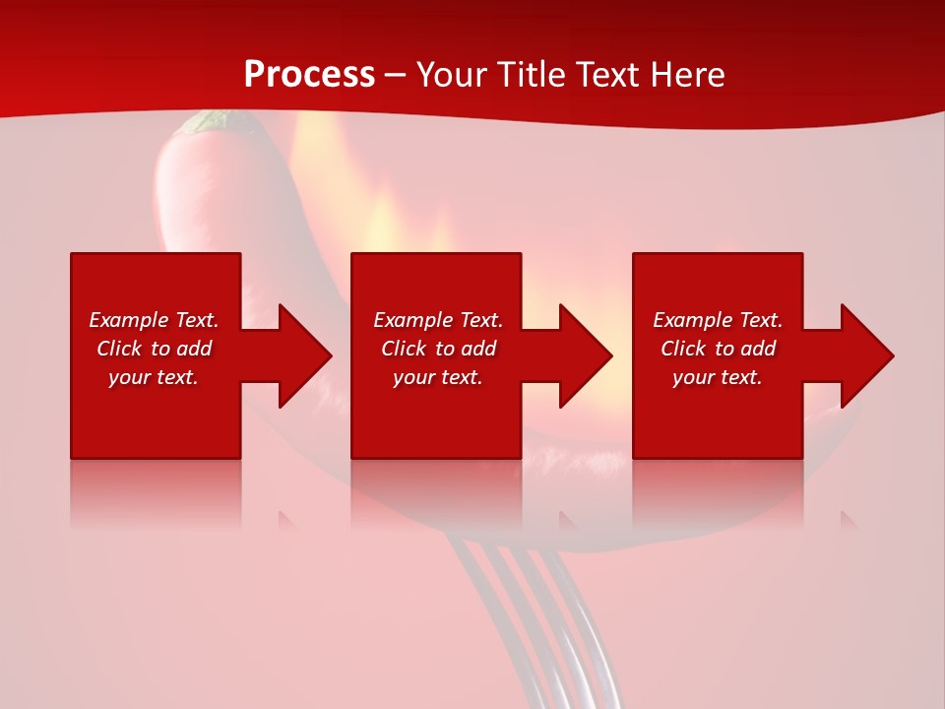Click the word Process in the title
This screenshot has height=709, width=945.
(x=309, y=75)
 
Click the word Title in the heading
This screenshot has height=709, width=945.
(x=532, y=75)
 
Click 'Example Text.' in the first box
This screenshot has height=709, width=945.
(x=154, y=320)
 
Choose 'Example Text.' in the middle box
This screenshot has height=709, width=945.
(x=438, y=320)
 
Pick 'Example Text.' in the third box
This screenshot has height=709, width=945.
(x=718, y=320)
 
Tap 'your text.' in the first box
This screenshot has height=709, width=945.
(x=154, y=377)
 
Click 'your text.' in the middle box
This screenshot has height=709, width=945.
(x=438, y=377)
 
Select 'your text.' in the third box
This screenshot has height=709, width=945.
(x=718, y=377)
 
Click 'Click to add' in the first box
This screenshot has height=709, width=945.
(x=154, y=349)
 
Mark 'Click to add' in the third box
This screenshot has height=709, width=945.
(x=718, y=349)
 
